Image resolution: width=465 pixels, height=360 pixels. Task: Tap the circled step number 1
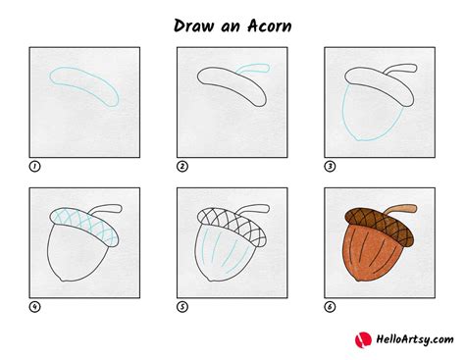pyautogui.click(x=34, y=167)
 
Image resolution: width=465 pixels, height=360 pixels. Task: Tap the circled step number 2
pyautogui.click(x=182, y=167)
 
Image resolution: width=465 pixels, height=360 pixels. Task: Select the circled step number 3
pyautogui.click(x=330, y=167)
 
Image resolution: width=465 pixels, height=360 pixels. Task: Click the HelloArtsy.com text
pyautogui.click(x=409, y=340)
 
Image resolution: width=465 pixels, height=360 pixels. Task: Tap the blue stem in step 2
pyautogui.click(x=257, y=71)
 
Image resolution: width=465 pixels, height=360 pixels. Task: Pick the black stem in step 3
pyautogui.click(x=401, y=71)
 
